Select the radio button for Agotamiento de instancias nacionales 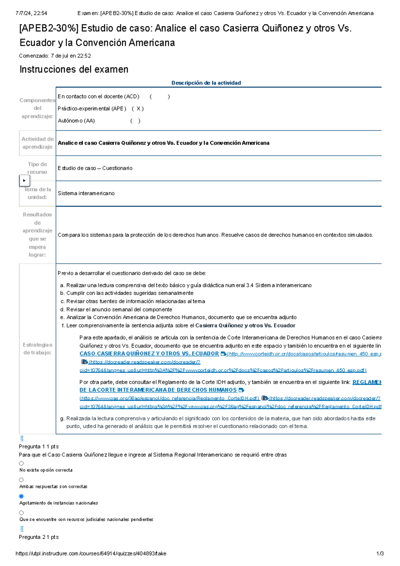coord(21,496)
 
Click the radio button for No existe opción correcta coord(21,463)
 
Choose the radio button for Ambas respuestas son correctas coord(21,480)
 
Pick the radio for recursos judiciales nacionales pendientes coord(21,513)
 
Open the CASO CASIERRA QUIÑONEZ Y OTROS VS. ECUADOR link coord(149,354)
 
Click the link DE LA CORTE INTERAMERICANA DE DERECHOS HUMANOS coord(158,390)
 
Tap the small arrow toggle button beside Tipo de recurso coord(24,181)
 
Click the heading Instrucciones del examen coord(74,69)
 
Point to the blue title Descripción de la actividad coord(206,83)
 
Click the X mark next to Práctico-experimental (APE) coord(138,109)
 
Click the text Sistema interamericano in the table coord(86,193)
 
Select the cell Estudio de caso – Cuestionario coord(95,168)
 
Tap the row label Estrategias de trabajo coord(37,349)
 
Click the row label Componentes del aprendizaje coord(37,108)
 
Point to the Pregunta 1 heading coord(39,447)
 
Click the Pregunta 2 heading coord(39,537)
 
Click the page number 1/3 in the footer coord(380,554)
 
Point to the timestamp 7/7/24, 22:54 coord(31,13)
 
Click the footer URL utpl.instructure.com coord(91,554)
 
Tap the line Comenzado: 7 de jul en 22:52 coord(55,56)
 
